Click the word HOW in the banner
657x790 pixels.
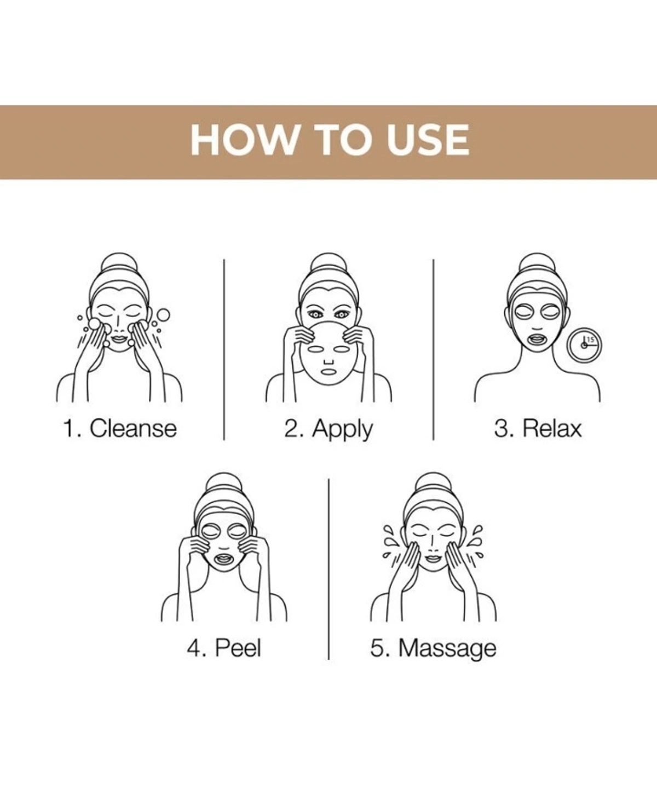(x=244, y=140)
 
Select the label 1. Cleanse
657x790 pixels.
(x=120, y=428)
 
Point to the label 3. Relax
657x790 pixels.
(x=538, y=428)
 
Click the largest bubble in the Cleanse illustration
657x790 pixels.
(x=164, y=315)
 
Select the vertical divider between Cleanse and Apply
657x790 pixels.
(x=224, y=350)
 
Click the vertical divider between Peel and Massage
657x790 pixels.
(x=328, y=569)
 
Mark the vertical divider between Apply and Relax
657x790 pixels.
(x=433, y=350)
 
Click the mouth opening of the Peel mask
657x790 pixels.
(x=224, y=558)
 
